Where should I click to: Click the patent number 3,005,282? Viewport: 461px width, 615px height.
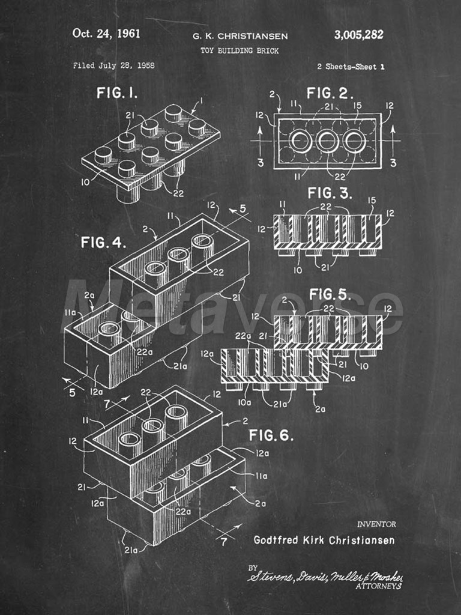[359, 35]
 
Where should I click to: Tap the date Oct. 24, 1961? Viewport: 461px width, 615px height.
[106, 34]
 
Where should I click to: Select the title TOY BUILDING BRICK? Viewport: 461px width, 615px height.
[240, 50]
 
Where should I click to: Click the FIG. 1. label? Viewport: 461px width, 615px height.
[117, 93]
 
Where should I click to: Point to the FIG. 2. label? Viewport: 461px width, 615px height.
[330, 93]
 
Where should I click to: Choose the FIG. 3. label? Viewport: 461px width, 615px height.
[330, 193]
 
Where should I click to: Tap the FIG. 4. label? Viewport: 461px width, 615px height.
[103, 243]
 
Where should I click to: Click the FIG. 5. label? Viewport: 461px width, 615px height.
[330, 294]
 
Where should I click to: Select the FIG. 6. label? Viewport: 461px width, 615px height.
[271, 435]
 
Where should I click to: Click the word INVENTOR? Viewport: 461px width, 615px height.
[376, 524]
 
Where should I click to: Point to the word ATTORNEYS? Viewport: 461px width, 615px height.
[378, 586]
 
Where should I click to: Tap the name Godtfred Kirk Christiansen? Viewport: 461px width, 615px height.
[324, 540]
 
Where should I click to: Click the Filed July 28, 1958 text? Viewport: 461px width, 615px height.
[113, 65]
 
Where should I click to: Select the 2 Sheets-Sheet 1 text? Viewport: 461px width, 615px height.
[351, 67]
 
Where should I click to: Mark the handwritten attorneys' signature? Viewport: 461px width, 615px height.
[325, 576]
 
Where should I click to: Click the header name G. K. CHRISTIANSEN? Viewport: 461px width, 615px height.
[240, 37]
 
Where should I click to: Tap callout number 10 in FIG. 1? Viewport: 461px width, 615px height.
[85, 182]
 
